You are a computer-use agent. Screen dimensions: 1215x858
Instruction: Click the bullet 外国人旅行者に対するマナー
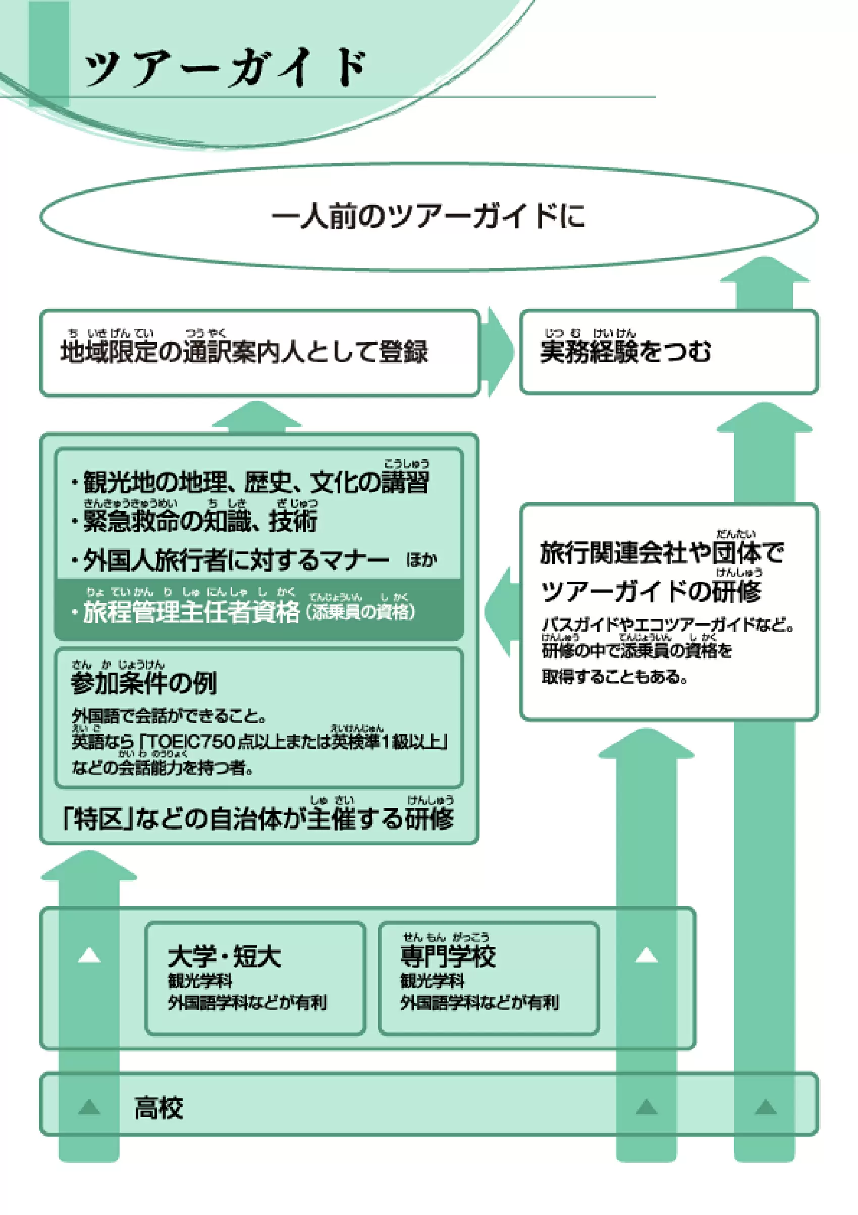coord(236,560)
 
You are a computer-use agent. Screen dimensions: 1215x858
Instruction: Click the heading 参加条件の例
coord(144,683)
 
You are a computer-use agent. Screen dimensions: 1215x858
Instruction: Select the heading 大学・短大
coord(224,957)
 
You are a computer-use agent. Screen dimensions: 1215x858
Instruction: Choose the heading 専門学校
coord(448,957)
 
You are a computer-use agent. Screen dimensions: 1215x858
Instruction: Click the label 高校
coord(158,1108)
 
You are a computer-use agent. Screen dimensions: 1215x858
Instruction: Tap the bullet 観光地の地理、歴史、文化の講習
coord(256,482)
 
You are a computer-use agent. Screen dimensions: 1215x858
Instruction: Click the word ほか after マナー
coord(421,560)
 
